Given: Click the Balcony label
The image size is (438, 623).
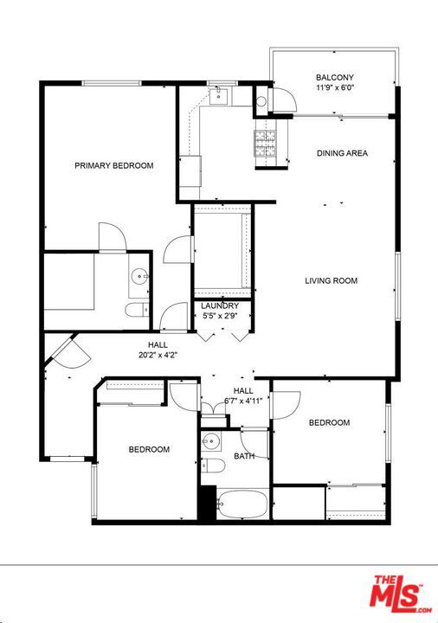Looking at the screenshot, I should point(335,77).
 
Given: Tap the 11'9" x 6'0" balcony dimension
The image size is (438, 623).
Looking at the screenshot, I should point(335,87).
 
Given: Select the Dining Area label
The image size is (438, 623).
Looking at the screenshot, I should point(342,153).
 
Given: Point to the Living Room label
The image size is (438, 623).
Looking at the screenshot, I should point(331,280).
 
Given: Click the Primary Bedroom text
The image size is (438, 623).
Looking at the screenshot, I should point(113,165).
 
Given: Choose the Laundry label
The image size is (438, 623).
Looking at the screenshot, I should point(220,306).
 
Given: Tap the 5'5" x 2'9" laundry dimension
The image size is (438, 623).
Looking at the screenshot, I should point(220,317).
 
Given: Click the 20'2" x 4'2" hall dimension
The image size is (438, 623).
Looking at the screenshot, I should point(158,355).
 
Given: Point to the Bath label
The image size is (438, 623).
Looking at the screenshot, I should point(243,455).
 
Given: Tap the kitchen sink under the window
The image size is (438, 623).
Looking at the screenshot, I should point(220,96).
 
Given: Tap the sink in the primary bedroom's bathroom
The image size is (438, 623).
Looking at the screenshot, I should point(139,277).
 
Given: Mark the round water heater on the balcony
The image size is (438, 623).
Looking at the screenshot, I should point(261,101).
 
